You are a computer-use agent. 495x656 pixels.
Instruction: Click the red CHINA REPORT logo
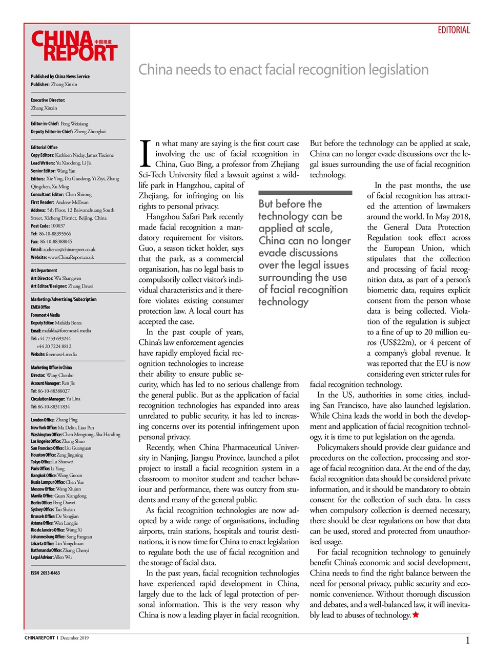pyautogui.click(x=74, y=46)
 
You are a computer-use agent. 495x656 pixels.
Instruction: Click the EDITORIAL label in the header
pyautogui.click(x=453, y=30)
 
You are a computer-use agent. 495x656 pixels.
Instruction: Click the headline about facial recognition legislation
pyautogui.click(x=283, y=70)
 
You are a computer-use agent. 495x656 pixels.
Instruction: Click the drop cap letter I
pyautogui.click(x=145, y=154)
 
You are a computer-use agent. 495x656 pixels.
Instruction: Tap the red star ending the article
pyautogui.click(x=416, y=614)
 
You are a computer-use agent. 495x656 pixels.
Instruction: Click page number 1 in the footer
pyautogui.click(x=467, y=640)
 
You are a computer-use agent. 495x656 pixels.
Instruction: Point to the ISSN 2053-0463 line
pyautogui.click(x=45, y=572)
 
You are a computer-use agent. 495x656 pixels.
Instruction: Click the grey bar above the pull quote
pyautogui.click(x=305, y=193)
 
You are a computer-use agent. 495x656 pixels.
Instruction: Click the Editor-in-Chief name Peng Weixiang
pyautogui.click(x=74, y=124)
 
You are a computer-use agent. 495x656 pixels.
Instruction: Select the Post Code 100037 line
pyautogui.click(x=48, y=225)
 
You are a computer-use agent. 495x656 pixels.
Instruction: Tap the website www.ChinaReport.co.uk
pyautogui.click(x=71, y=257)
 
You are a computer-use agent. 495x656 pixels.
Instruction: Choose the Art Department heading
pyautogui.click(x=44, y=270)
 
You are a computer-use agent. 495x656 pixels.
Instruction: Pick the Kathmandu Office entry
pyautogui.click(x=60, y=550)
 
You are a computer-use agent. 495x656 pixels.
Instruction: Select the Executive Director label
pyautogui.click(x=48, y=100)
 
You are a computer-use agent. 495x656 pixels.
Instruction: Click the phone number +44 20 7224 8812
pyautogui.click(x=54, y=346)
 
